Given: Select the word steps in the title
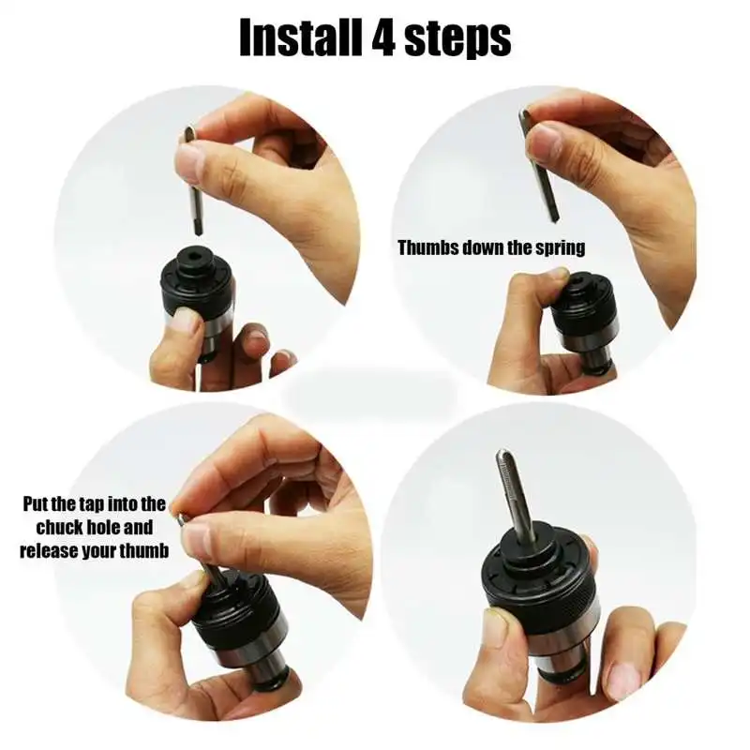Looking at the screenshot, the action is coord(457,39).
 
